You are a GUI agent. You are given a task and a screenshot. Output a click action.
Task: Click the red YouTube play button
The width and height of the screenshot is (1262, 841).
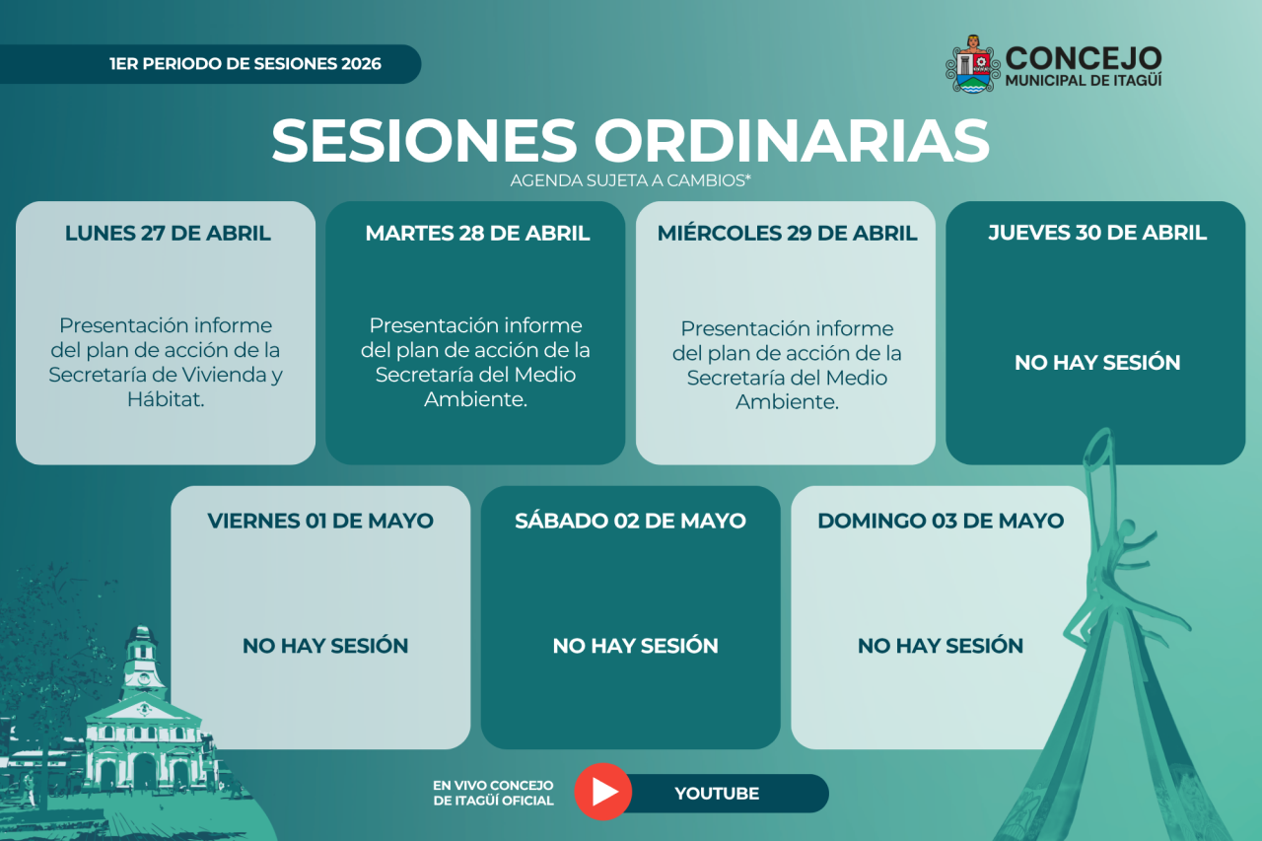(602, 792)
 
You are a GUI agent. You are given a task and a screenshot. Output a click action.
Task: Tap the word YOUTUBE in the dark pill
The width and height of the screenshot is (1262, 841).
(717, 793)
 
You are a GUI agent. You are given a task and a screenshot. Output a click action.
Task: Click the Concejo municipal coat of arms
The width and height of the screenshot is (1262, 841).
(972, 64)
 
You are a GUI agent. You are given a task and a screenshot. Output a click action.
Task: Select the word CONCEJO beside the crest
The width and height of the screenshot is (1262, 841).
(1084, 58)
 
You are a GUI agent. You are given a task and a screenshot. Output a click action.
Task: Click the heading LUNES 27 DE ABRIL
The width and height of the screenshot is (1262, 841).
(168, 233)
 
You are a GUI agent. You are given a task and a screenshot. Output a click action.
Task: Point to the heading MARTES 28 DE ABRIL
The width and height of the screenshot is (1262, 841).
(477, 233)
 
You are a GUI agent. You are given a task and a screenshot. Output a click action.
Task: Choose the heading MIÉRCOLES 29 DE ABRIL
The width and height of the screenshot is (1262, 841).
(787, 233)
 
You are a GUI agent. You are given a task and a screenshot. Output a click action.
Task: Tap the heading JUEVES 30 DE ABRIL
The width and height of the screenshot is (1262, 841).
(1097, 232)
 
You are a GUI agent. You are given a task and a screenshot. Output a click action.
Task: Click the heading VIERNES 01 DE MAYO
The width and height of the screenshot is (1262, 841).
(320, 521)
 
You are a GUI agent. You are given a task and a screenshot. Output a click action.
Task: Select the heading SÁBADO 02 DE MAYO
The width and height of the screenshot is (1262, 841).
(630, 520)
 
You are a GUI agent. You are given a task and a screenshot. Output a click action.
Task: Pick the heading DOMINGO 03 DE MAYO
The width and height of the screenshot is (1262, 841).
(941, 521)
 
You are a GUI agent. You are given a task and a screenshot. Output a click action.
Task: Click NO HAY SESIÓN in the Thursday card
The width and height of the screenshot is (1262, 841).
(1097, 362)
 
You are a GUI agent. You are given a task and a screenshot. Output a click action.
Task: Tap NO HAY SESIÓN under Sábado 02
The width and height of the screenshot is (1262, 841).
(635, 645)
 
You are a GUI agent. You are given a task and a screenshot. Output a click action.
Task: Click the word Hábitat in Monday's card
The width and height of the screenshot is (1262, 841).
(165, 399)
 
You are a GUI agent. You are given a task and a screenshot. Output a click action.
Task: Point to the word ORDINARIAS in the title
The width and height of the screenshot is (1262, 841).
(792, 140)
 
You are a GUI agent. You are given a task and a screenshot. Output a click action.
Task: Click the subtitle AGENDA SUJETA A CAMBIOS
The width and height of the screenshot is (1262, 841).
(630, 180)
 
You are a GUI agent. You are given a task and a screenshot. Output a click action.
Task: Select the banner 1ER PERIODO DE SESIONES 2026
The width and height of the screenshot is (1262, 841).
(245, 64)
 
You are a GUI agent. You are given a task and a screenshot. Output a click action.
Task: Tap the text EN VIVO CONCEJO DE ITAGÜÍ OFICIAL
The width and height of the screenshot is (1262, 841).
(494, 793)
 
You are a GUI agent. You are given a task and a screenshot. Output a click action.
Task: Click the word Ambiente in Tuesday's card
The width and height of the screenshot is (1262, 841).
(475, 399)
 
